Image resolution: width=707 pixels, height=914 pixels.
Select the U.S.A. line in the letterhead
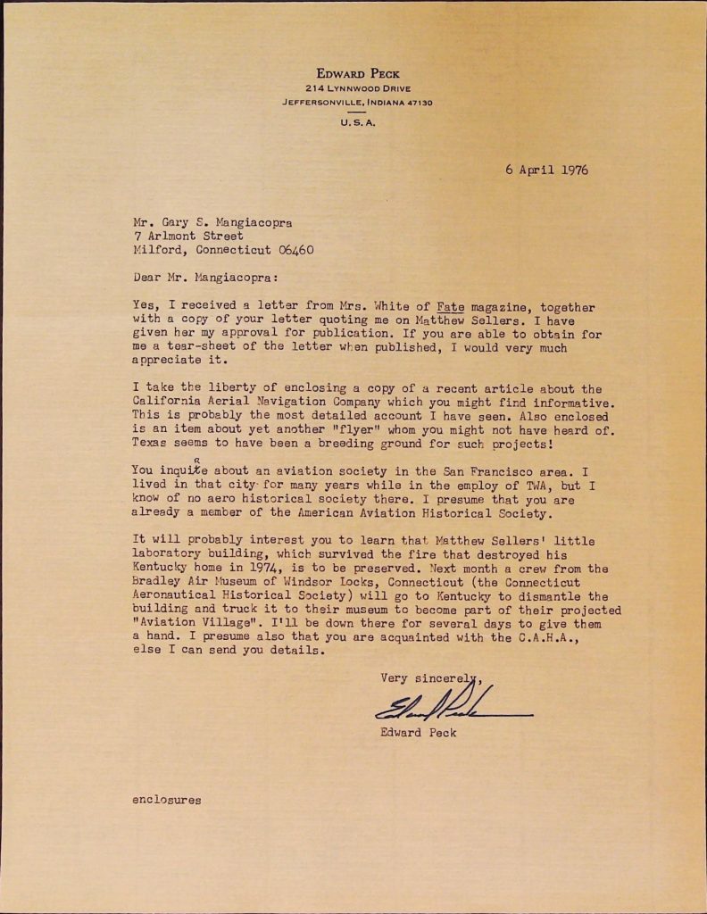[358, 122]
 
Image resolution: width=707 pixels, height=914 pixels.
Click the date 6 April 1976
[545, 170]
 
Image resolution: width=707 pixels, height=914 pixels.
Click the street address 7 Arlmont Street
[187, 237]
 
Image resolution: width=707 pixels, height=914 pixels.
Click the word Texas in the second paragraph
[152, 443]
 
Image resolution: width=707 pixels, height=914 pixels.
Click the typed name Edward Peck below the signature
[419, 733]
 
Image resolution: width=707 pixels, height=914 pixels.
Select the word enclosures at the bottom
[166, 800]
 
